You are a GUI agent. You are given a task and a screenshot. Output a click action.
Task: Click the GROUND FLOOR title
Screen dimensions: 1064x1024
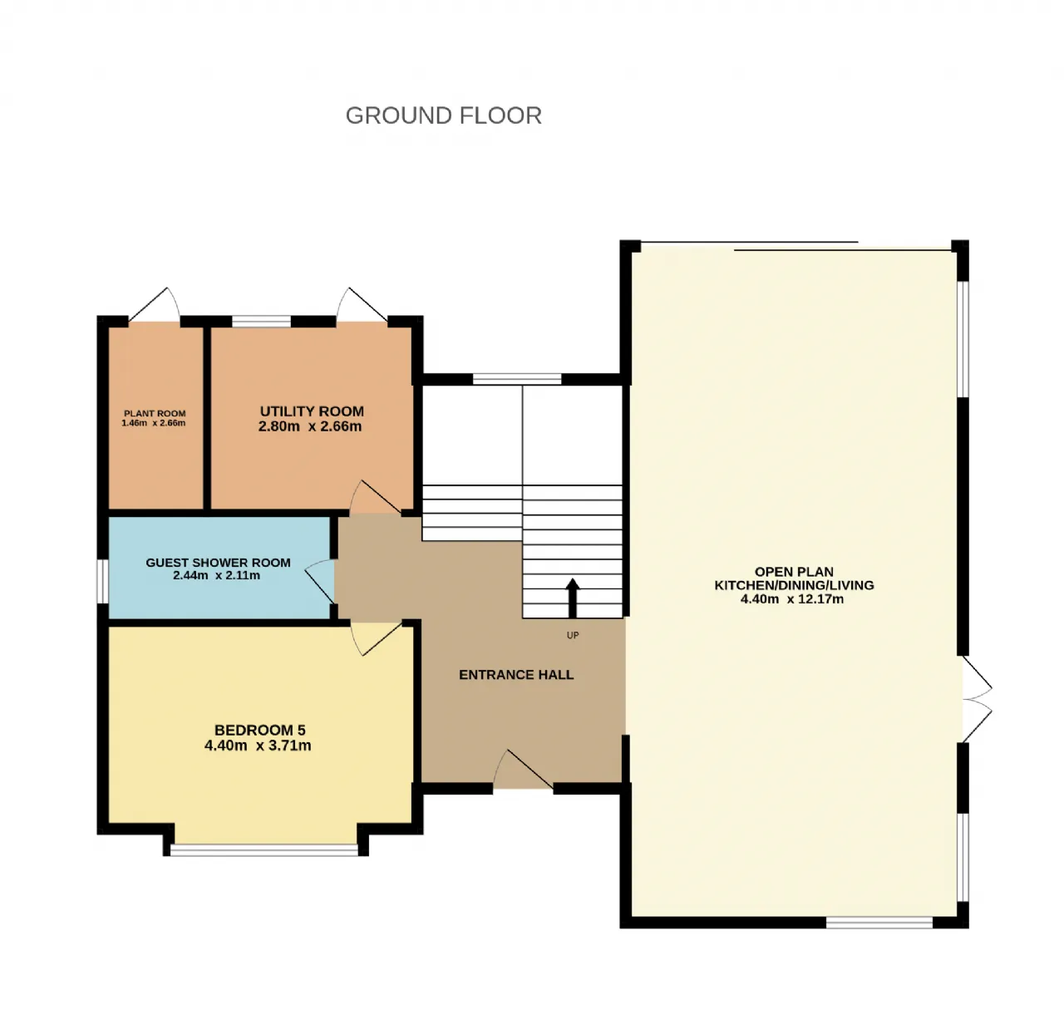(x=443, y=116)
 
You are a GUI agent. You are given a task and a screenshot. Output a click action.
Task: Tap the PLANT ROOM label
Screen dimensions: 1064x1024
(x=155, y=413)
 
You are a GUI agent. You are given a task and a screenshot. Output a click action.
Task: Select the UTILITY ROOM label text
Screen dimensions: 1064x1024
(x=312, y=411)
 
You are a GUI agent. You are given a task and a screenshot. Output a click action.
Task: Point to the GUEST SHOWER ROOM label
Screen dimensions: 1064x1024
(x=218, y=563)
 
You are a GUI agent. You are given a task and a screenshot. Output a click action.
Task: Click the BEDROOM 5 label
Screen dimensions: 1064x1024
(x=259, y=730)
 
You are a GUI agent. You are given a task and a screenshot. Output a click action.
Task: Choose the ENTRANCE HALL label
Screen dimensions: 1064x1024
(x=516, y=675)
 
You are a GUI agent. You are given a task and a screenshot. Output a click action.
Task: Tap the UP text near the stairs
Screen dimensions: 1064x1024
(x=573, y=635)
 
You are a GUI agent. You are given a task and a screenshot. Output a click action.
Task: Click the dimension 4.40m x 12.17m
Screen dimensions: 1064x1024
(x=791, y=598)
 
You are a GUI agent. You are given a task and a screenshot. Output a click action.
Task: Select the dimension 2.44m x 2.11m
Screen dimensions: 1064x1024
(x=216, y=575)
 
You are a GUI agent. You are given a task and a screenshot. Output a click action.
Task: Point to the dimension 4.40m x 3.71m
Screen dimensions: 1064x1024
(x=258, y=746)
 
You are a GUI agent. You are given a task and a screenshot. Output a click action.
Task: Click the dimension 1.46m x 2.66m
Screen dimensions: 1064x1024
(x=154, y=423)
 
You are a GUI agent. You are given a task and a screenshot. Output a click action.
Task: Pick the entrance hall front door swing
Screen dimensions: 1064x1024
(x=523, y=770)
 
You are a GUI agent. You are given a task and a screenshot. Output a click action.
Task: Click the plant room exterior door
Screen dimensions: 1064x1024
(x=154, y=304)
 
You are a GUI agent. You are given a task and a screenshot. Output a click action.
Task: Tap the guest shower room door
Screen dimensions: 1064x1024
(x=320, y=582)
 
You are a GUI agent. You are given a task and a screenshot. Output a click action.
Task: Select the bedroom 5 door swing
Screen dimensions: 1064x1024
(x=377, y=638)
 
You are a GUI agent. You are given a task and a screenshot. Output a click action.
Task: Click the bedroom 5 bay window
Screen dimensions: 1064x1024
(x=264, y=849)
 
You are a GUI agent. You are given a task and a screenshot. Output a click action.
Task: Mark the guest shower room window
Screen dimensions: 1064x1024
(x=102, y=581)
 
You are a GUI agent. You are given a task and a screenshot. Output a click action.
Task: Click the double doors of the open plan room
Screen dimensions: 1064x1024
(x=977, y=699)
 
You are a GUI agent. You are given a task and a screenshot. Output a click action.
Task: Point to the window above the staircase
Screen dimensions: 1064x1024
(x=517, y=379)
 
